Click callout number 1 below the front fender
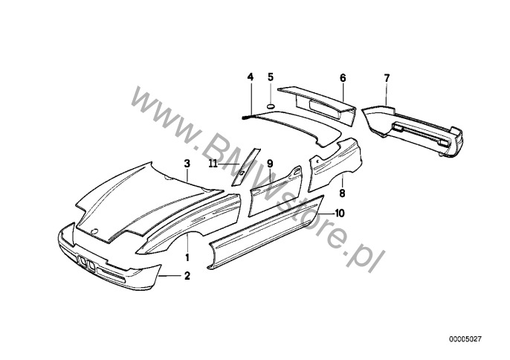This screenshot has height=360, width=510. click(x=187, y=257)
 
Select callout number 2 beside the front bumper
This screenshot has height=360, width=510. click(x=187, y=276)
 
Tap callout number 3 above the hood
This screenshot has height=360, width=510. click(x=187, y=164)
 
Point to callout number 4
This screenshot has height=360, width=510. click(x=250, y=77)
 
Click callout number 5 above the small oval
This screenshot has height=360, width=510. click(x=271, y=77)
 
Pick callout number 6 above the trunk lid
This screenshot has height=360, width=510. click(x=343, y=78)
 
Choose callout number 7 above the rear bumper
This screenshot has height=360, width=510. click(x=387, y=78)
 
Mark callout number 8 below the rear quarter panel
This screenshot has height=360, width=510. click(x=342, y=193)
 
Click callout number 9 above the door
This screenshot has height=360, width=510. click(x=270, y=164)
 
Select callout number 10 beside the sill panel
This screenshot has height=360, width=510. click(x=339, y=213)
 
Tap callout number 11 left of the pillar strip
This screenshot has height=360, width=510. click(x=213, y=164)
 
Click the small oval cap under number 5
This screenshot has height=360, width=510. click(x=271, y=106)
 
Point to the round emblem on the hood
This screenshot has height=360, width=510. click(x=94, y=232)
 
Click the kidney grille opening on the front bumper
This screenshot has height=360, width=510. click(x=86, y=263)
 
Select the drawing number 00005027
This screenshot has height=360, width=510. click(x=465, y=339)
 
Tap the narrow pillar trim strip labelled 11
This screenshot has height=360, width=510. click(x=246, y=167)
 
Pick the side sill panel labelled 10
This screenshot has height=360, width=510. click(x=265, y=232)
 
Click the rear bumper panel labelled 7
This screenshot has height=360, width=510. click(x=413, y=130)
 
